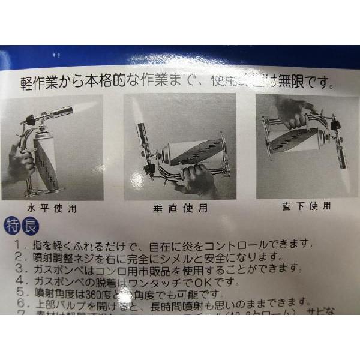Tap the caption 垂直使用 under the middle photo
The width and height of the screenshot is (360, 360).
click(x=177, y=208)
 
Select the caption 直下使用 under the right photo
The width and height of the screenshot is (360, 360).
click(x=306, y=206)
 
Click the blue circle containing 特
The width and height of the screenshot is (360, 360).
click(x=11, y=227)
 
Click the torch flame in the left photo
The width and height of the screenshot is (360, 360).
click(x=82, y=108)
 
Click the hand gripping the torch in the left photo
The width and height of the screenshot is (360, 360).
click(x=21, y=165)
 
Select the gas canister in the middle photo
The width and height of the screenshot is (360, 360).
click(x=192, y=152)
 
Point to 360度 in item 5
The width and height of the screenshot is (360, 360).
click(x=106, y=293)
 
